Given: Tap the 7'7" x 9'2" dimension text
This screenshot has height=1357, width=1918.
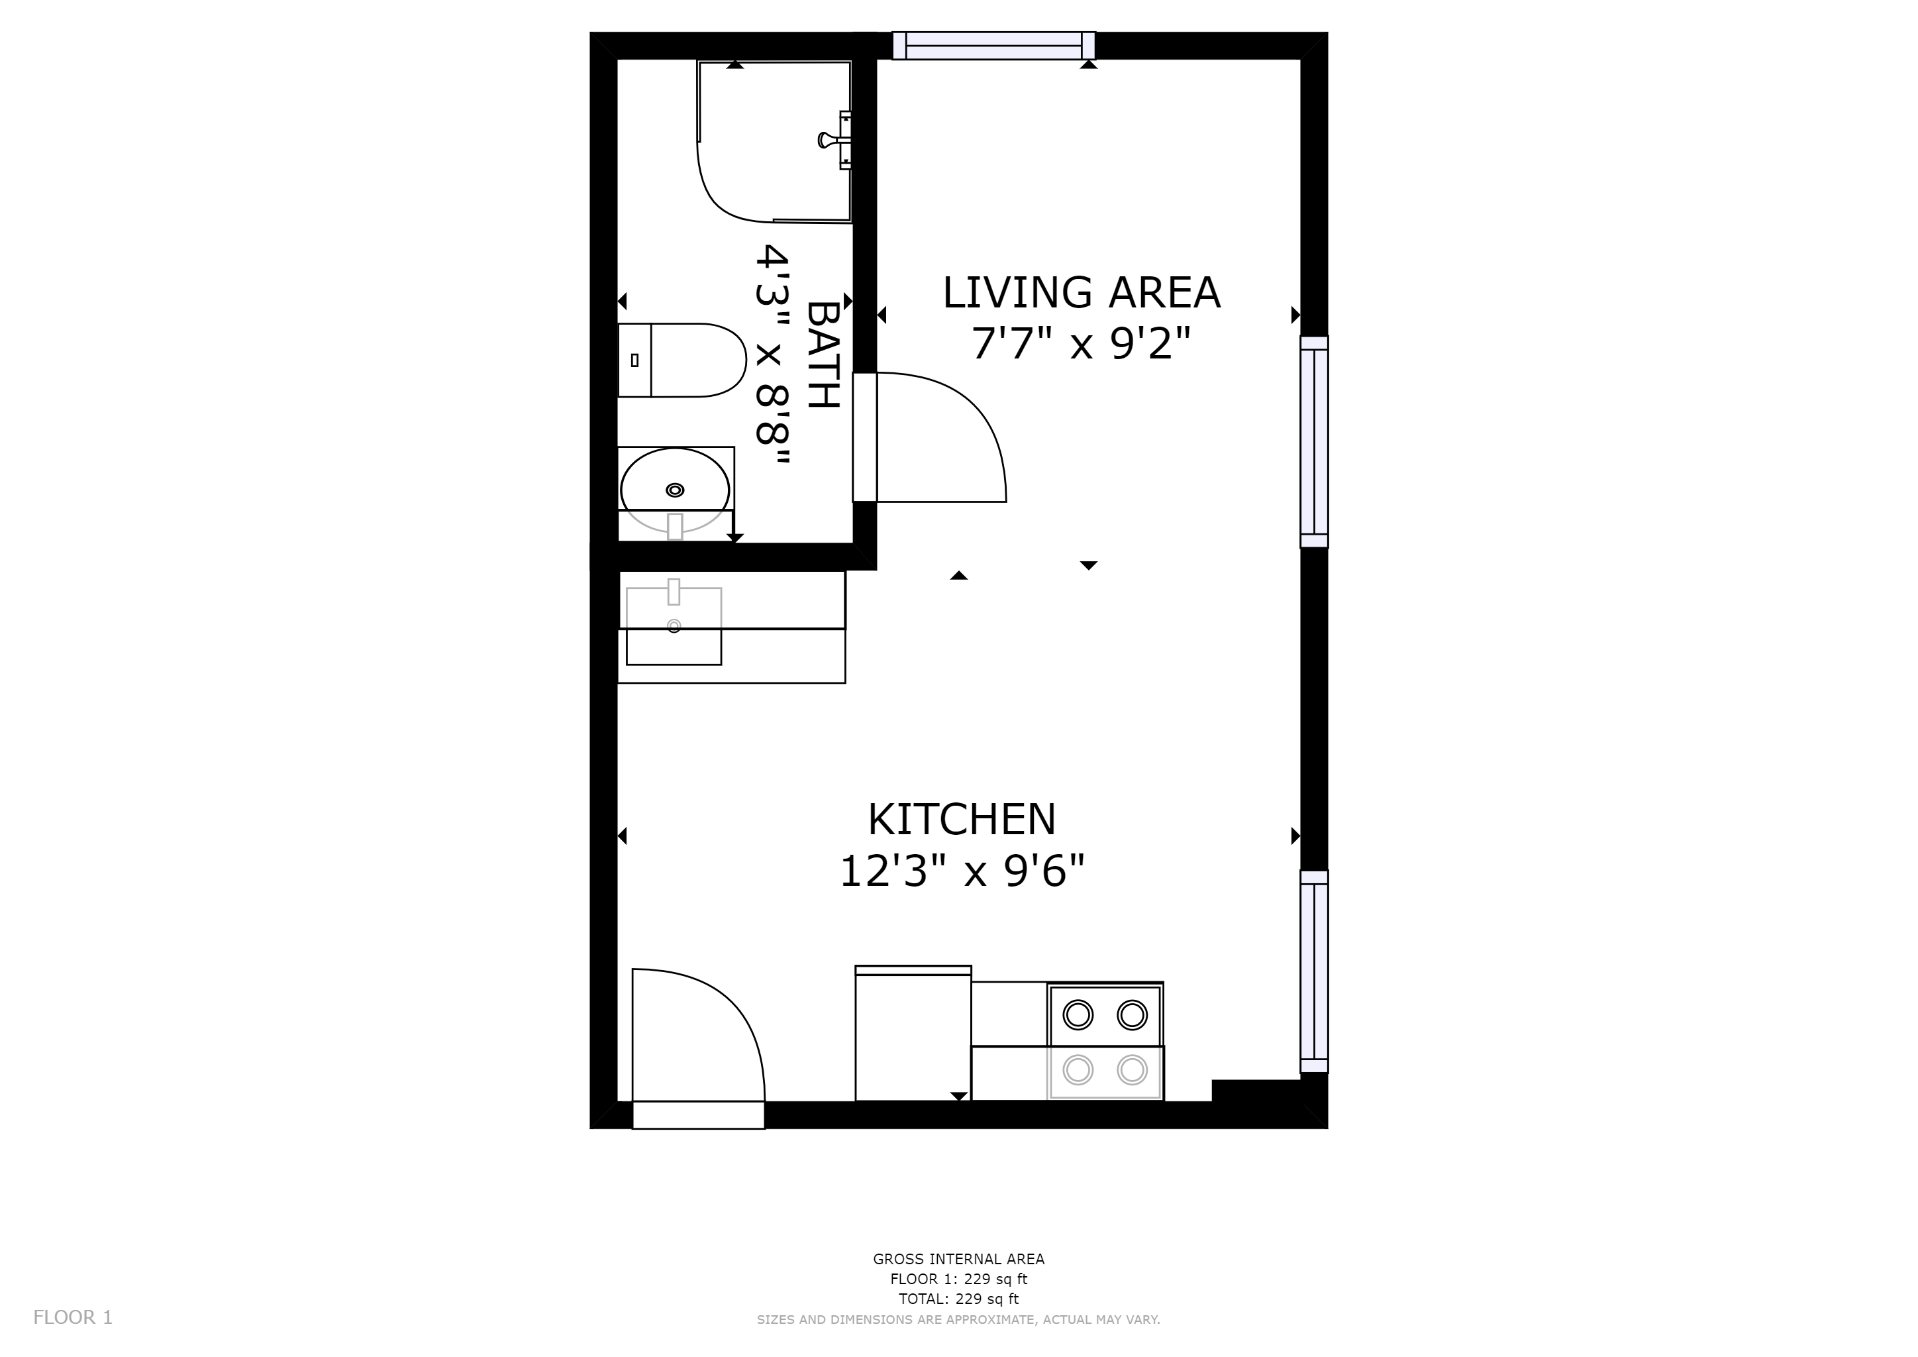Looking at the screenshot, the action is coord(1080,343).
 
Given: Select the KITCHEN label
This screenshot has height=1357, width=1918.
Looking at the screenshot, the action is coord(962,819).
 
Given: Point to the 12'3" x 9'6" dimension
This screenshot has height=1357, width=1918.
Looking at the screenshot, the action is coord(962,871).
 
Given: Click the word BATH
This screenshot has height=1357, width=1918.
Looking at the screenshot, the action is coord(823,355).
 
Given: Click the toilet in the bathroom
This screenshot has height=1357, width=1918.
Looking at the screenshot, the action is coord(681,360).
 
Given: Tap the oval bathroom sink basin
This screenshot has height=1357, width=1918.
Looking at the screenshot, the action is coord(675,490).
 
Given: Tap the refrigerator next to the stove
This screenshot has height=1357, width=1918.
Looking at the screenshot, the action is coord(913,1034).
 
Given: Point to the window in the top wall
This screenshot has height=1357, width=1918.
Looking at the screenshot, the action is coord(993,45).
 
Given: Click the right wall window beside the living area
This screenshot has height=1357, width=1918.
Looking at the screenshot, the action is coord(1314,442).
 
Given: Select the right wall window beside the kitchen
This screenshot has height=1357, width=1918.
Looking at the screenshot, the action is coord(1314,972).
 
